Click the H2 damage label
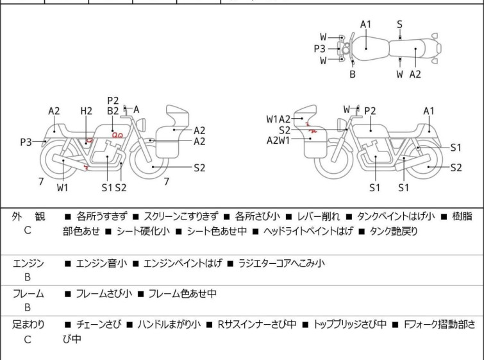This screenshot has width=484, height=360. (87, 111)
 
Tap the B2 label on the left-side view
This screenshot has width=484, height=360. (113, 111)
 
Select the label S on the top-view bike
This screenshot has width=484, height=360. (399, 24)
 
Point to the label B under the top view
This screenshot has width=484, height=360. (352, 74)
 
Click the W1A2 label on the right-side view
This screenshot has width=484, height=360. (279, 119)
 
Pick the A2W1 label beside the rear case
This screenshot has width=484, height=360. (279, 141)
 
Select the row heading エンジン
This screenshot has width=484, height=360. (28, 263)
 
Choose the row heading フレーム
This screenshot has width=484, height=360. (28, 294)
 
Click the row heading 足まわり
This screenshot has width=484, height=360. (28, 325)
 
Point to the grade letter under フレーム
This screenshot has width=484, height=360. (28, 308)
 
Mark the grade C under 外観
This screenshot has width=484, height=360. (28, 230)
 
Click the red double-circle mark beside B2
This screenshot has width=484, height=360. (117, 135)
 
